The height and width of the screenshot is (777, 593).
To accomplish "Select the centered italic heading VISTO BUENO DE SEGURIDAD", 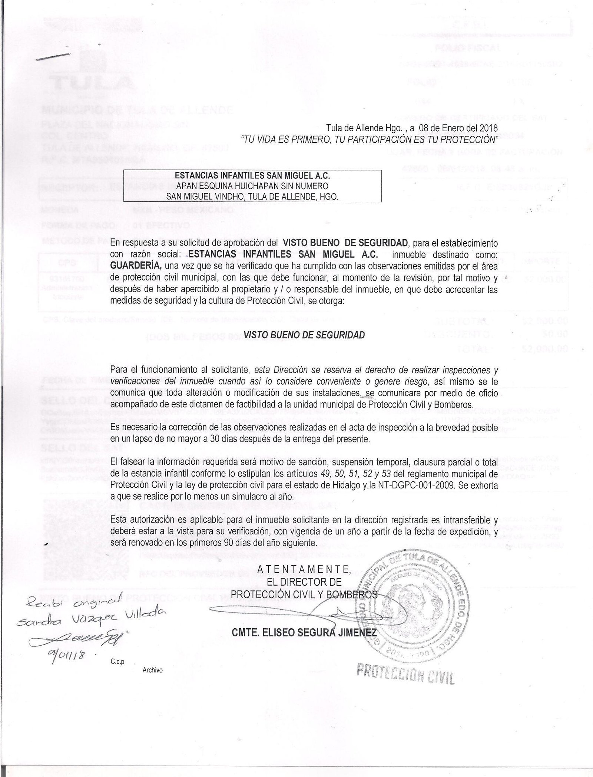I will pos(304,335).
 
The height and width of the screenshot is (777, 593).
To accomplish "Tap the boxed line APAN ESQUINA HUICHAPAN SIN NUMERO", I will pos(252,185).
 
